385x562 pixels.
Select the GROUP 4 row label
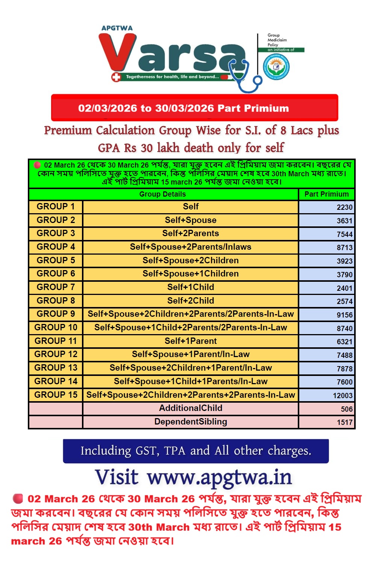(56, 247)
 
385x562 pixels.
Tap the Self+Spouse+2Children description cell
(191, 261)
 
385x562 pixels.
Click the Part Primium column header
(326, 194)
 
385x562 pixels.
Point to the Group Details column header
(162, 194)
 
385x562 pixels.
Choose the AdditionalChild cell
(191, 408)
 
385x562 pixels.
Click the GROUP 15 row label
(56, 395)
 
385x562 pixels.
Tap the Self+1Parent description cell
(191, 341)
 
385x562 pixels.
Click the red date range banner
(194, 108)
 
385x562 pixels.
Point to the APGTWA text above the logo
(117, 28)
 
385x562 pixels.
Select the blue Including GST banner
(196, 451)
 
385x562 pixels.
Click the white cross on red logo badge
(116, 77)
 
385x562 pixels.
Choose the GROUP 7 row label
(56, 287)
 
